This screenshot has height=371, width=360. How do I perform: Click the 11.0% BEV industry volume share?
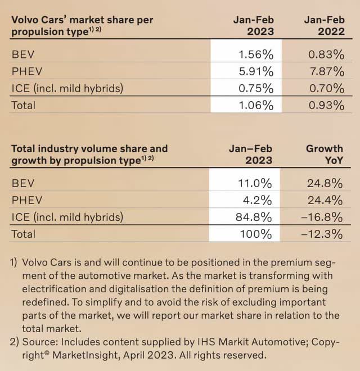(x=256, y=183)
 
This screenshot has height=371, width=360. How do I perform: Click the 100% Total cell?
(x=256, y=234)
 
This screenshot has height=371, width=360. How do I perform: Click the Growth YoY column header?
(x=324, y=155)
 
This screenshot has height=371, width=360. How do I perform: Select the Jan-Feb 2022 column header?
(x=324, y=26)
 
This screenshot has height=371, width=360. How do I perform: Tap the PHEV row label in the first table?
(x=27, y=71)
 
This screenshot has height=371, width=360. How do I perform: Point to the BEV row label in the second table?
(x=24, y=183)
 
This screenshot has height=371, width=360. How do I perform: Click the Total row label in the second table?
(x=24, y=234)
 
